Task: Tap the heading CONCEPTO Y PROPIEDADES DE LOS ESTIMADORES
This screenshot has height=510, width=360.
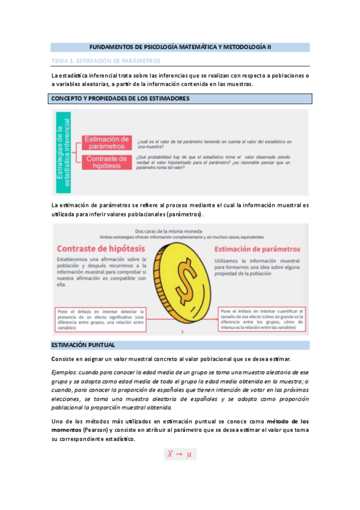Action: pos(121,98)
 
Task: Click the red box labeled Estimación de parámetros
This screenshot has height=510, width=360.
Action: pos(106,143)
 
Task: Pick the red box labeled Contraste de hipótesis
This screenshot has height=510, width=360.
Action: pos(106,162)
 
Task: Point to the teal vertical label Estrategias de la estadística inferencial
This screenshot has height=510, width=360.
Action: pos(64,153)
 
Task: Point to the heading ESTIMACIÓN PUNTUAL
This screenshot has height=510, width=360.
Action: pos(84,345)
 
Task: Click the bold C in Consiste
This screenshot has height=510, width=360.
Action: pos(53,358)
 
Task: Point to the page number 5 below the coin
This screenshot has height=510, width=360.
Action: pos(182,331)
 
